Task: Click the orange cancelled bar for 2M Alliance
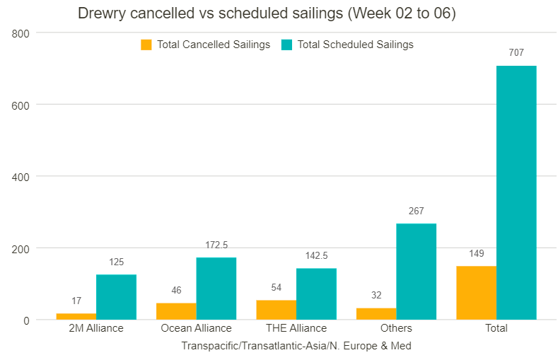(76, 316)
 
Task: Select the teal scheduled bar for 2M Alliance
(116, 297)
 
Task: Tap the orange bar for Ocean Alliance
(176, 311)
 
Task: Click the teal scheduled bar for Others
(416, 272)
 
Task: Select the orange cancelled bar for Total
(476, 293)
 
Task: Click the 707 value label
(516, 52)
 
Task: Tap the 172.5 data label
(216, 245)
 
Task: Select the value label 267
(416, 211)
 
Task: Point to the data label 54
(277, 287)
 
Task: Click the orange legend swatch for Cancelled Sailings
(146, 45)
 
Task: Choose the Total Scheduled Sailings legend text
(355, 45)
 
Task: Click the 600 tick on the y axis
(21, 105)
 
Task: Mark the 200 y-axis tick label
(21, 249)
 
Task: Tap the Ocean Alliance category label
(196, 328)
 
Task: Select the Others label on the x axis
(396, 328)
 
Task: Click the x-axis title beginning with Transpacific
(296, 346)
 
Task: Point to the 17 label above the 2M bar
(76, 301)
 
